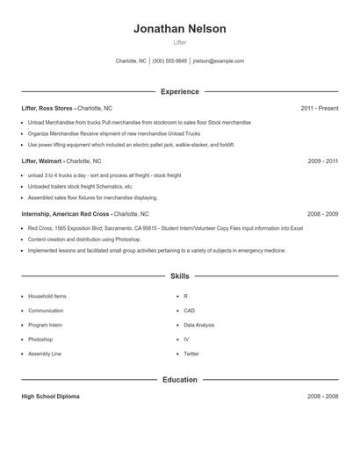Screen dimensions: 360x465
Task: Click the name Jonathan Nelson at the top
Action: coord(180,29)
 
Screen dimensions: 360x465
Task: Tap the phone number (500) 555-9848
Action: coord(169,61)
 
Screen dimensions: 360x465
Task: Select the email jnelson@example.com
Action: coord(218,61)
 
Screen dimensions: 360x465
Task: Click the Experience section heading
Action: coord(180,91)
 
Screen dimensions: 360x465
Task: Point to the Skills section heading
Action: coord(180,276)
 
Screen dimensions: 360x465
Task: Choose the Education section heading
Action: coord(180,380)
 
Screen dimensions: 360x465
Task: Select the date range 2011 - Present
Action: coord(319,108)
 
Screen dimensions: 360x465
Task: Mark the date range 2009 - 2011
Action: coord(322,161)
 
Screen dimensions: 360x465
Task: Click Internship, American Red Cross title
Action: coord(66,214)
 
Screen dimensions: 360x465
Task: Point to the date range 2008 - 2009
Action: coord(322,214)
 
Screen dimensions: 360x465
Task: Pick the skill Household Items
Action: coord(47,297)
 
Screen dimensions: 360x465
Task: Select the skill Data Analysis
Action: coord(199,325)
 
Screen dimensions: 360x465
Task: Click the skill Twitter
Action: coord(191,354)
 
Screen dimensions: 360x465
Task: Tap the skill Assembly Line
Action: coord(45,354)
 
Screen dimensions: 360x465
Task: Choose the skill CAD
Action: coord(189,311)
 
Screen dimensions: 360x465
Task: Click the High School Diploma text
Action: coord(50,397)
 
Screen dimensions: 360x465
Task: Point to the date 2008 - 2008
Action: coord(322,397)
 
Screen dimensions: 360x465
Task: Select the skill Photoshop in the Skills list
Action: coord(40,339)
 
